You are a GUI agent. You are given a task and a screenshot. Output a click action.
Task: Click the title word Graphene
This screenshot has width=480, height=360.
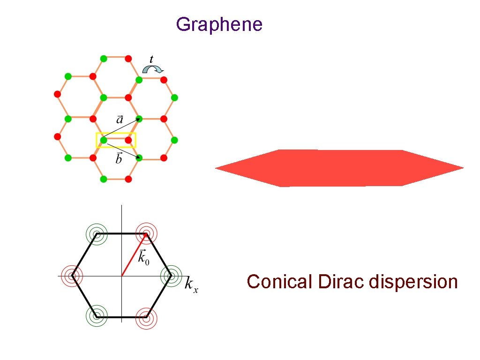click(219, 24)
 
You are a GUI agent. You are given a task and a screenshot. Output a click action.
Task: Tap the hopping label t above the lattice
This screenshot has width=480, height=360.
click(151, 59)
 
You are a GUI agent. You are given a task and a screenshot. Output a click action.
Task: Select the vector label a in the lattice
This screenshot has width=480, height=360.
click(120, 120)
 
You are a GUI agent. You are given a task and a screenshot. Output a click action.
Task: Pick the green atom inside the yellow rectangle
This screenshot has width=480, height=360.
click(104, 140)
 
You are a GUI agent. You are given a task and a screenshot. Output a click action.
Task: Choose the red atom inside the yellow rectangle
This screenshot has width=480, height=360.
click(128, 140)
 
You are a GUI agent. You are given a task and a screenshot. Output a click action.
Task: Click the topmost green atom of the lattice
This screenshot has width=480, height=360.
click(104, 59)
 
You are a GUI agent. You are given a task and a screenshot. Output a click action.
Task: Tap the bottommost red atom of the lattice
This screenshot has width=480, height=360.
click(128, 179)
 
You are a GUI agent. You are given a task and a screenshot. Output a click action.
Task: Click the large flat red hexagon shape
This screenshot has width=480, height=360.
click(339, 168)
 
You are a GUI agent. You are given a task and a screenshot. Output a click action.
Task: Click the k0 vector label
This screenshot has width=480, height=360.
click(143, 257)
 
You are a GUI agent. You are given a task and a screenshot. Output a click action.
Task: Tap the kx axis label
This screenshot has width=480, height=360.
click(191, 285)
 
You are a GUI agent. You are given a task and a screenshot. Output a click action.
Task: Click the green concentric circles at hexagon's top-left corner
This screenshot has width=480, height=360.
click(97, 233)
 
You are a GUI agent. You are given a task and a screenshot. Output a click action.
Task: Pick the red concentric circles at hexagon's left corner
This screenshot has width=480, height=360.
click(73, 276)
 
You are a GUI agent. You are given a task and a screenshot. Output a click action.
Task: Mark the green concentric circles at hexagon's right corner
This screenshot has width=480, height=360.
click(170, 276)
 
